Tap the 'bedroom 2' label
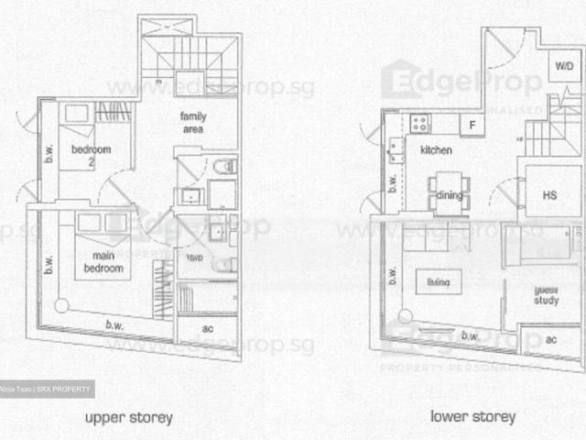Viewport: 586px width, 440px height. (x=91, y=155)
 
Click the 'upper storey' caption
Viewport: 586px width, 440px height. (x=128, y=417)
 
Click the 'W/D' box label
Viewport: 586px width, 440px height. (x=562, y=67)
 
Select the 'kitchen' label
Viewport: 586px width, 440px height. (x=437, y=149)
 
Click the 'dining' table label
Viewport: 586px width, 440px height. (x=449, y=194)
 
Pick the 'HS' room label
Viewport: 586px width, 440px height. (x=549, y=195)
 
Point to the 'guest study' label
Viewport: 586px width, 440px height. (x=547, y=295)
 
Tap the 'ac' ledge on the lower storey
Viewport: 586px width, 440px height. (x=550, y=340)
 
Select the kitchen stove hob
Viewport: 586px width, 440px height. (x=420, y=122)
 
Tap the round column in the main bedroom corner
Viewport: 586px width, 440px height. (x=61, y=306)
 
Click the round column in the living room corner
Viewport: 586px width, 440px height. (x=404, y=317)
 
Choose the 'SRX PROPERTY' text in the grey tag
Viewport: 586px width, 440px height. (x=64, y=390)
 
